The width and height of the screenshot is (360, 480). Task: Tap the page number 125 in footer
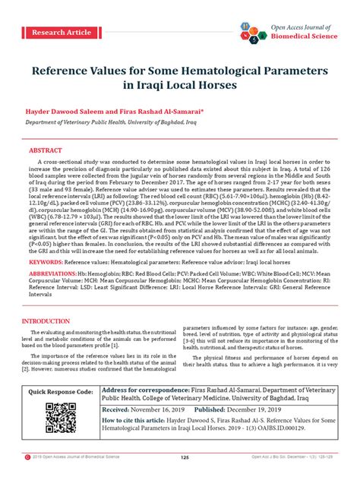(x=184, y=457)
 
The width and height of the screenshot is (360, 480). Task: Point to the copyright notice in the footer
(x=76, y=457)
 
